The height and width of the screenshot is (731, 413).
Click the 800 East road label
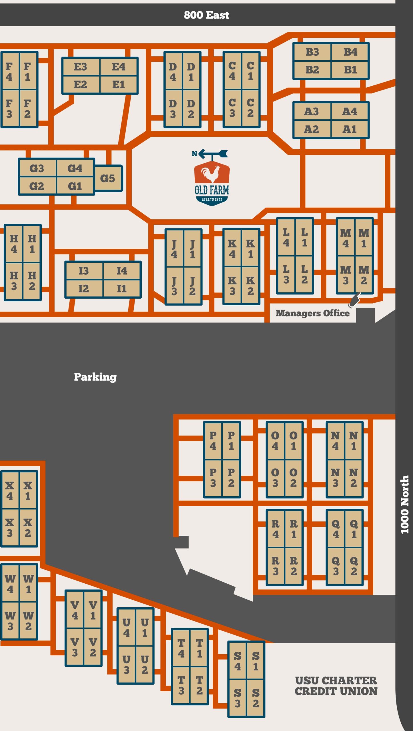pyautogui.click(x=206, y=15)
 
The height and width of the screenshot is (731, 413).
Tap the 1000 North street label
pyautogui.click(x=404, y=504)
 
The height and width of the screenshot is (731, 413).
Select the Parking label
pyautogui.click(x=95, y=377)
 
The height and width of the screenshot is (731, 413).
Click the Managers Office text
pyautogui.click(x=312, y=313)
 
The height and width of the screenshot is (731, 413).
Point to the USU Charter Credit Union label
pyautogui.click(x=336, y=686)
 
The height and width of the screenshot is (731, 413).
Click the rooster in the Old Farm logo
pyautogui.click(x=211, y=174)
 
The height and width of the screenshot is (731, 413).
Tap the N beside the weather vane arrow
pyautogui.click(x=194, y=154)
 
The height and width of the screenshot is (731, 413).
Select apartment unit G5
pyautogui.click(x=108, y=178)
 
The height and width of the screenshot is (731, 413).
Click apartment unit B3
pyautogui.click(x=312, y=52)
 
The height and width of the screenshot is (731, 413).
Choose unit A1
pyautogui.click(x=350, y=129)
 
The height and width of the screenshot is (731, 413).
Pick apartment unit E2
pyautogui.click(x=81, y=85)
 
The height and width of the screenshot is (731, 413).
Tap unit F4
pyautogui.click(x=10, y=71)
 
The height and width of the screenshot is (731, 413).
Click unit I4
pyautogui.click(x=122, y=271)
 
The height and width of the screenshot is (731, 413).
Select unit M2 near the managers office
pyautogui.click(x=364, y=275)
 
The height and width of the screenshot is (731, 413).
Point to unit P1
pyautogui.click(x=231, y=441)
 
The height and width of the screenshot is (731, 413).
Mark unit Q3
pyautogui.click(x=336, y=566)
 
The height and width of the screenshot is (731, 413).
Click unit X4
pyautogui.click(x=10, y=491)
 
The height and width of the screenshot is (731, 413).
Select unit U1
pyautogui.click(x=145, y=628)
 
